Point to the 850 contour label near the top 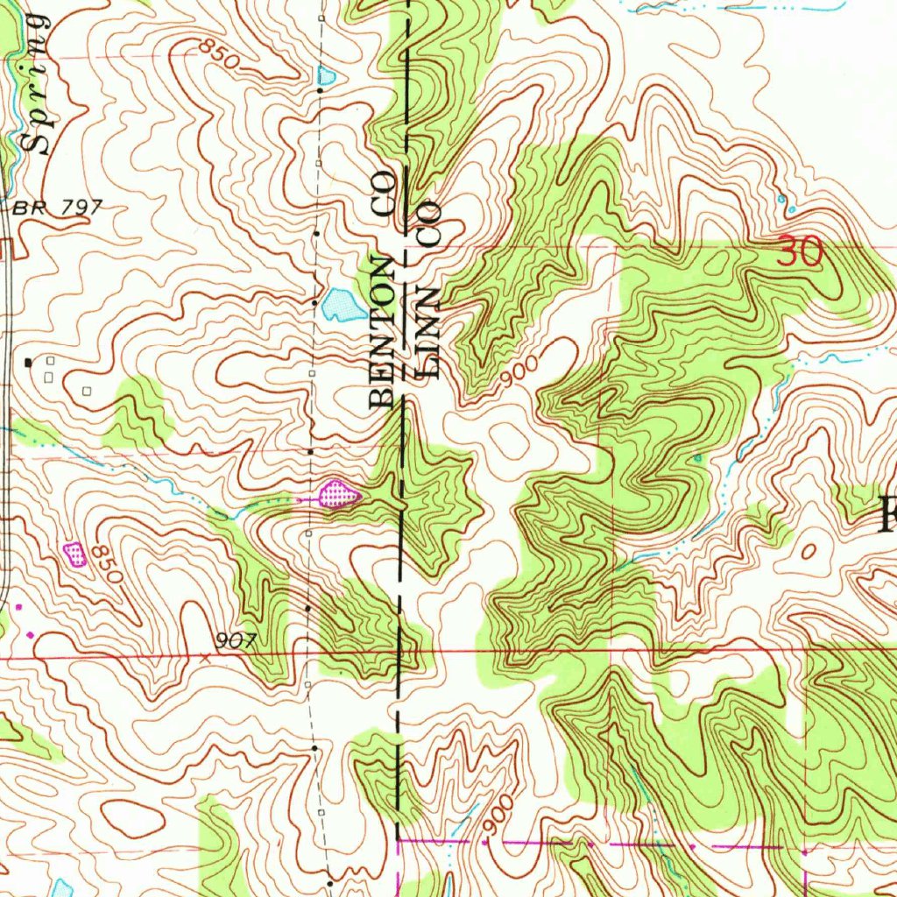[x=216, y=54]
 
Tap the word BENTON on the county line [x=384, y=333]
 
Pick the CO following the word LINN [x=428, y=222]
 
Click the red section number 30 [x=801, y=254]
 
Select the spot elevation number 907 [x=236, y=640]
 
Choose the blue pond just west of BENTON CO [x=338, y=305]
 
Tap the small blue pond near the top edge [x=327, y=76]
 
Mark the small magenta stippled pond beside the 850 [x=76, y=553]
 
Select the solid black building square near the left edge [x=29, y=361]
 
